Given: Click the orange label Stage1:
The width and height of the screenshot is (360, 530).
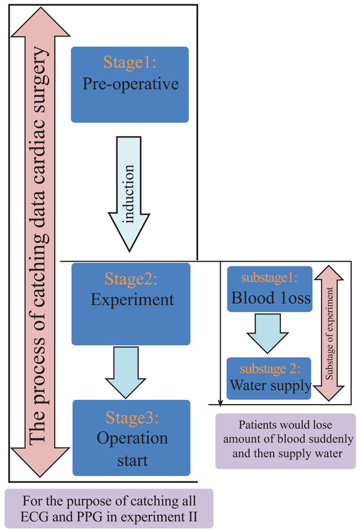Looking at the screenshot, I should (x=129, y=64).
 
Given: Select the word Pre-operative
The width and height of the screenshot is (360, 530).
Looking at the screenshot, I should (x=130, y=83).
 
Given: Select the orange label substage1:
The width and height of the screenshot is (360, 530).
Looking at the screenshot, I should (x=269, y=279).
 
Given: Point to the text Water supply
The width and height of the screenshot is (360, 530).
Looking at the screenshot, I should (x=269, y=384).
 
